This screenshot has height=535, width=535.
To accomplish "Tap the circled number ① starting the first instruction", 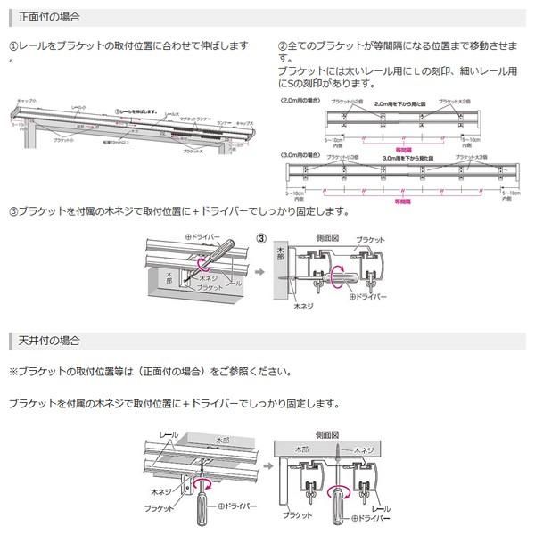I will point(13,45).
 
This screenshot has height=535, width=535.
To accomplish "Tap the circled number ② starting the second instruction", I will point(284,45).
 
